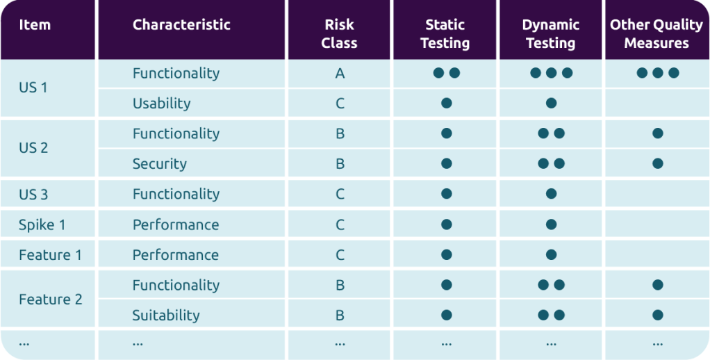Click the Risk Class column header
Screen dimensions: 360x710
point(339,34)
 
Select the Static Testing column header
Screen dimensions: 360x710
point(445,34)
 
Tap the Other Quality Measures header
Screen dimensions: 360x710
point(657,34)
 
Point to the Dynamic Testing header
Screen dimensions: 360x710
point(550,34)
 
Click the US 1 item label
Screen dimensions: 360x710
point(33,88)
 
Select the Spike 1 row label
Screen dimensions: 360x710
point(42,224)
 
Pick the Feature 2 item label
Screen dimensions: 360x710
point(50,300)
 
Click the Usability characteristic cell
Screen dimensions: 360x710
point(161,104)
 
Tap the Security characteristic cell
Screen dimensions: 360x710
point(159,164)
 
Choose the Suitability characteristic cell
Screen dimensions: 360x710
point(166,316)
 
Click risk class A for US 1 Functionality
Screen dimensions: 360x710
point(340,74)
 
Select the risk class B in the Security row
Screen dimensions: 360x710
point(340,164)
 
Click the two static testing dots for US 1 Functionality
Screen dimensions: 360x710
point(447,73)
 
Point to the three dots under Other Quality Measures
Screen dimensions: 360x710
point(657,73)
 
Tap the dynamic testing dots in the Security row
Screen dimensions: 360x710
point(552,164)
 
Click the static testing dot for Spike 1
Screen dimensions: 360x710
point(447,224)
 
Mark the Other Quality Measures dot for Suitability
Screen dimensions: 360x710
point(657,316)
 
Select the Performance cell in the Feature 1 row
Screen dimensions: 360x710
point(175,255)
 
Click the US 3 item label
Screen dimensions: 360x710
point(33,195)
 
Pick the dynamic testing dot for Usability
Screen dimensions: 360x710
point(551,104)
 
